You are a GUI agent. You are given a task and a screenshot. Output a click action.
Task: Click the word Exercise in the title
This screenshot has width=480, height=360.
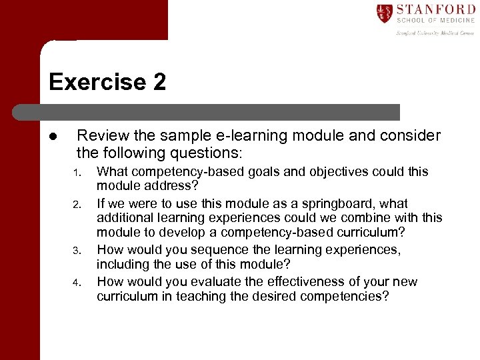click(x=94, y=82)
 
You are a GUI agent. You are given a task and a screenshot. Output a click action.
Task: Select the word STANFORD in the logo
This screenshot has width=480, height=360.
click(x=435, y=10)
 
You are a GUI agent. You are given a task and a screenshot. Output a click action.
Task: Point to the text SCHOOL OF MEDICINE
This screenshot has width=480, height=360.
click(x=435, y=21)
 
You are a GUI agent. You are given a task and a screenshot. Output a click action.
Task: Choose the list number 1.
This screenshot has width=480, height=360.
click(x=77, y=173)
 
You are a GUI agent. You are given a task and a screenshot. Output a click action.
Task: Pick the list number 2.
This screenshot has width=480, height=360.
click(x=77, y=205)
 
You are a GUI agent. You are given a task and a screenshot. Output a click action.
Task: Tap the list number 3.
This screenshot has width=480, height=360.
click(x=77, y=251)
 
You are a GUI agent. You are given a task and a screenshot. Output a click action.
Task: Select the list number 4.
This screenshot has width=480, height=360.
click(x=77, y=283)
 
